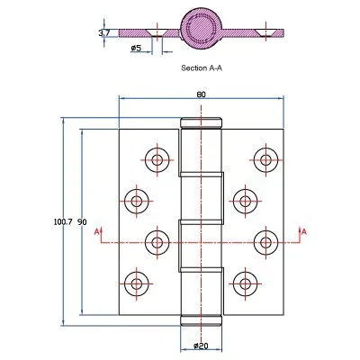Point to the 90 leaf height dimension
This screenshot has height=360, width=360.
point(82,221)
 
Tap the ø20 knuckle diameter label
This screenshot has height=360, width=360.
point(201,346)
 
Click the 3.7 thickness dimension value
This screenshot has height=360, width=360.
point(105,33)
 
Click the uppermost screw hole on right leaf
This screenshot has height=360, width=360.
point(264,160)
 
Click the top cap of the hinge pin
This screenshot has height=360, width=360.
point(201,122)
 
